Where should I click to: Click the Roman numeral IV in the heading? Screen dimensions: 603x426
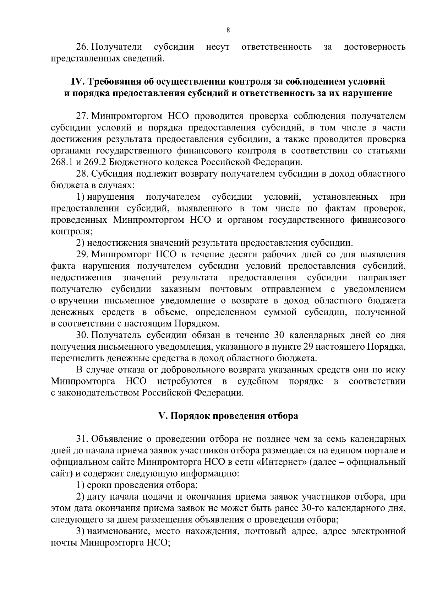[x=77, y=82]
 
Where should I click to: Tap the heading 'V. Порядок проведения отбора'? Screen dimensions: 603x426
[x=228, y=416]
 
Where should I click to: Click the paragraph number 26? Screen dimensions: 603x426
[x=82, y=47]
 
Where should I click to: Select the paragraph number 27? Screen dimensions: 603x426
[x=82, y=116]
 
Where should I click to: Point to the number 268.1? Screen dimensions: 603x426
[x=62, y=162]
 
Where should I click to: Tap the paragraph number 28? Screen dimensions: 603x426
[x=82, y=174]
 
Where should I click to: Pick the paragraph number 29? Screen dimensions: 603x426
[x=82, y=254]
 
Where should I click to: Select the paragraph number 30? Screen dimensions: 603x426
[x=82, y=335]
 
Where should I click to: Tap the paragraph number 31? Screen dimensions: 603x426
[x=82, y=439]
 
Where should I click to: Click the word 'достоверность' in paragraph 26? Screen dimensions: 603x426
[x=375, y=47]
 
